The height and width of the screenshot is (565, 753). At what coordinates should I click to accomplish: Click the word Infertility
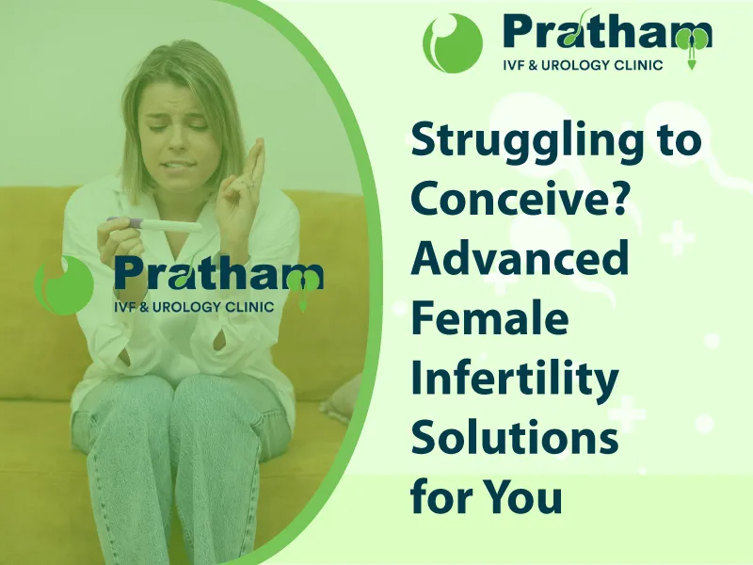(514, 379)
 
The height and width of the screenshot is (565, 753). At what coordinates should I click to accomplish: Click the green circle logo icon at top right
(453, 42)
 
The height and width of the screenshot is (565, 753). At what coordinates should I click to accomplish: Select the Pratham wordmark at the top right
(607, 31)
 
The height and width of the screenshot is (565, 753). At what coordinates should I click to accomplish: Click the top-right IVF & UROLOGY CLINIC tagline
(583, 64)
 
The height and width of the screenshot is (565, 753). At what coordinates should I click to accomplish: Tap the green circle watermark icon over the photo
(64, 285)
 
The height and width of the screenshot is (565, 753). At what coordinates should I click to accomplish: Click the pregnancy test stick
(153, 225)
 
